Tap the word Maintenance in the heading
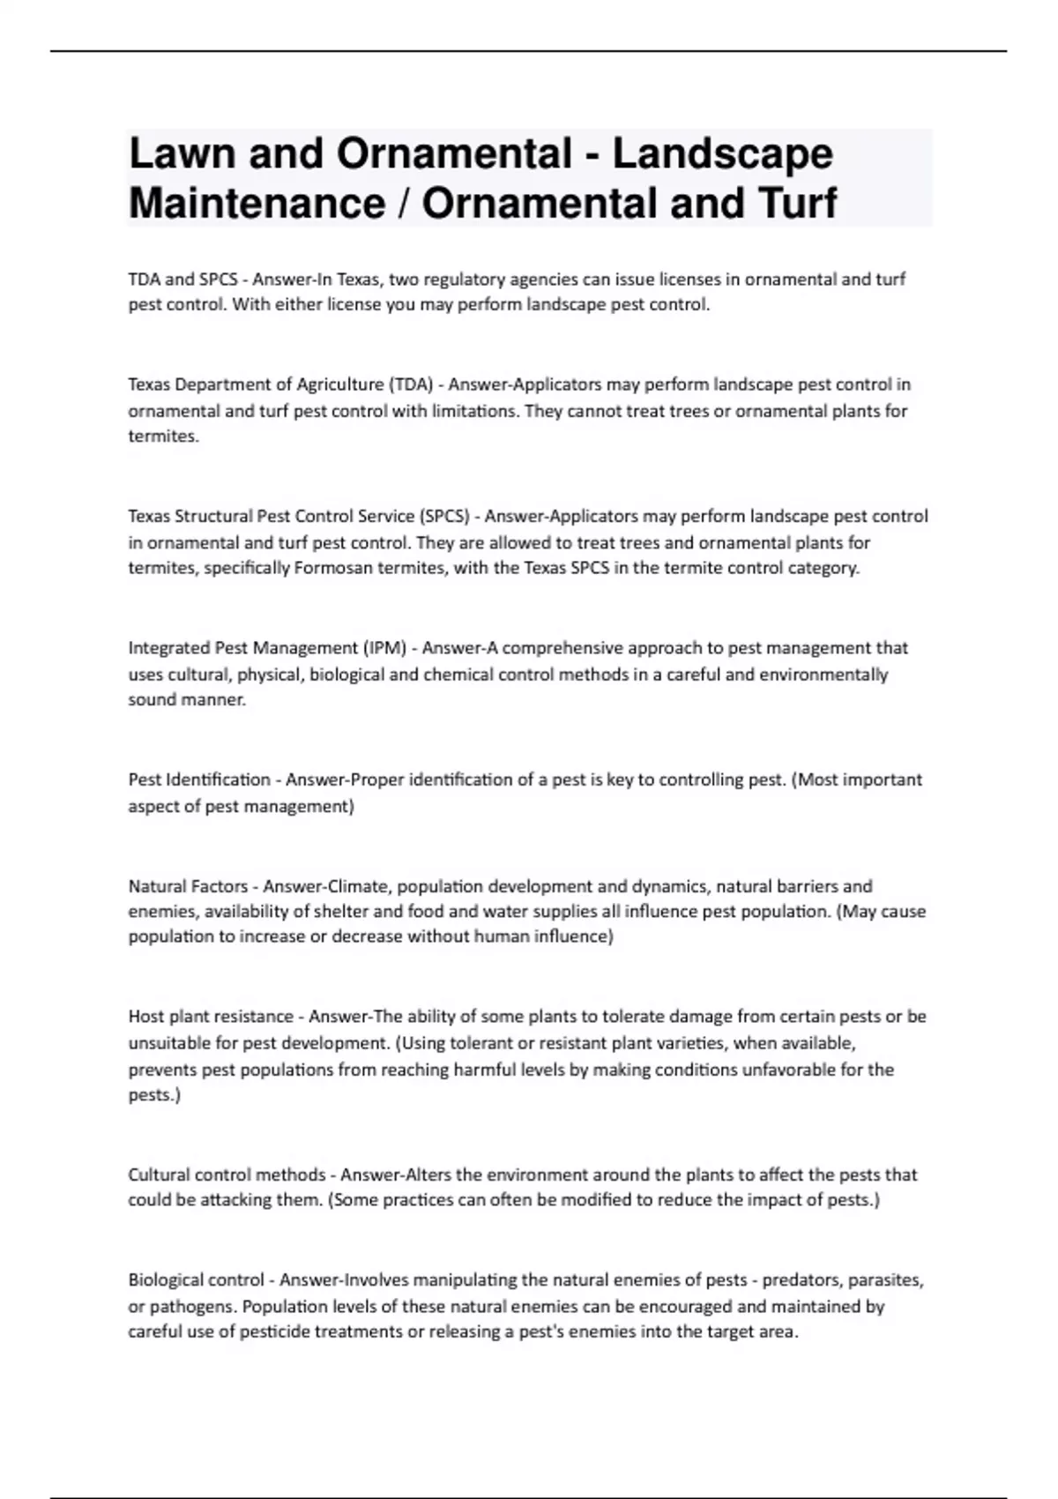[257, 204]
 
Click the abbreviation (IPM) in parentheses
[384, 648]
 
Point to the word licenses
[689, 280]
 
